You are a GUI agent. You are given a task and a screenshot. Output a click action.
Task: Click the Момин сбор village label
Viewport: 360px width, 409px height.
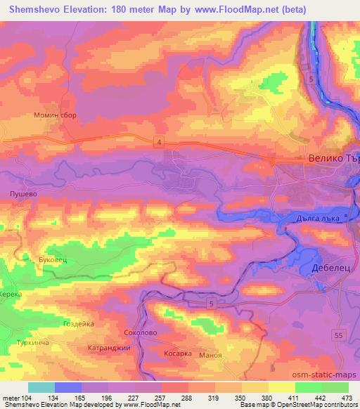54,115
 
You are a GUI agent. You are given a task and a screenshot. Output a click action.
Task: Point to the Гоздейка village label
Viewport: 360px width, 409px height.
79,324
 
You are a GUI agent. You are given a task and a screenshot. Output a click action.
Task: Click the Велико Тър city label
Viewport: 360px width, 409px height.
333,160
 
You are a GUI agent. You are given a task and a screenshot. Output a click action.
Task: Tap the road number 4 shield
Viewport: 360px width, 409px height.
160,143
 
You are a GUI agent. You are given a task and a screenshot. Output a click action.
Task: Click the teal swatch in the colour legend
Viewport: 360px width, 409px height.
41,387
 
